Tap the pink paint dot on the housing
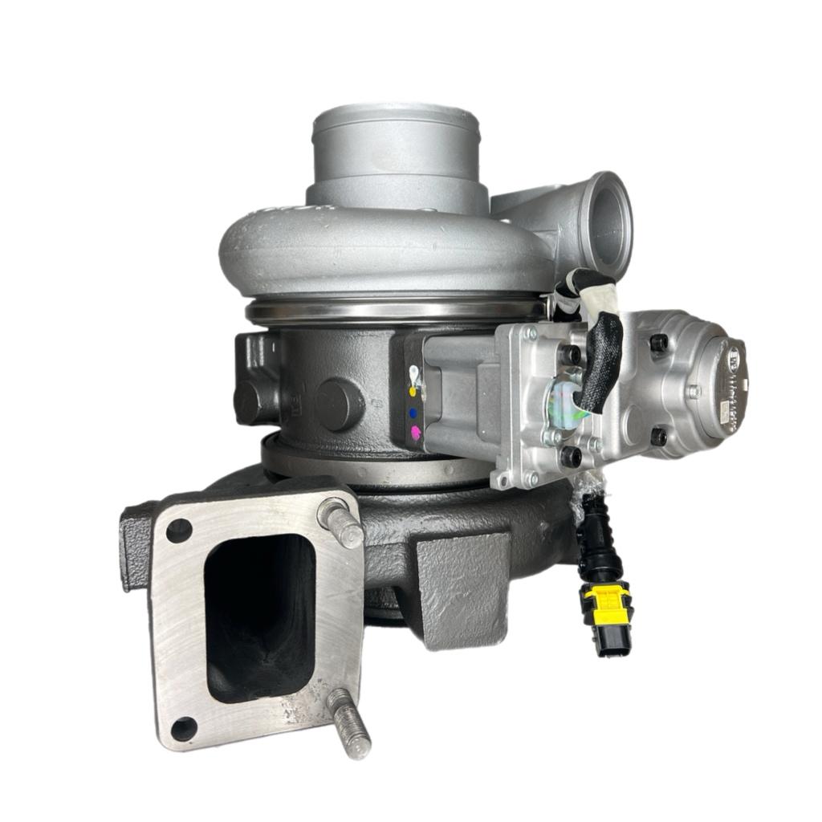click(x=415, y=433)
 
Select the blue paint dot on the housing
click(x=413, y=413)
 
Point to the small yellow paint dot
click(x=413, y=393)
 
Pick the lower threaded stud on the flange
click(x=350, y=723)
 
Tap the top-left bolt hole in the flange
click(x=178, y=531)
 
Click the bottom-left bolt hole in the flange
click(x=184, y=728)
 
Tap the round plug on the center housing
click(x=339, y=404)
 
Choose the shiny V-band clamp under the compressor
click(x=393, y=309)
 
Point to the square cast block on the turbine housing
click(x=462, y=590)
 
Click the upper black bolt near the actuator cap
click(x=658, y=343)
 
